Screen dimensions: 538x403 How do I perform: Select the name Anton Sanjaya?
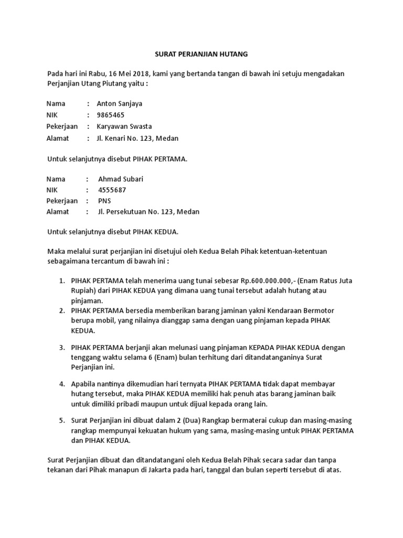[x=119, y=104]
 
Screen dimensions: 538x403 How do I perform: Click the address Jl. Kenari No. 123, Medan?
[x=137, y=139]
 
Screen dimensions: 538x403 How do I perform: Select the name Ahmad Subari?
[x=121, y=179]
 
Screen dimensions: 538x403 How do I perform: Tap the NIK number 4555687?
[x=112, y=190]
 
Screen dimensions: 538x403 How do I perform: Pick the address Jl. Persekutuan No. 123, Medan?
[x=149, y=212]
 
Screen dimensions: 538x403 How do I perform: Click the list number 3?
[x=61, y=348]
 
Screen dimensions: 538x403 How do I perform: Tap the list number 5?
[x=61, y=421]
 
